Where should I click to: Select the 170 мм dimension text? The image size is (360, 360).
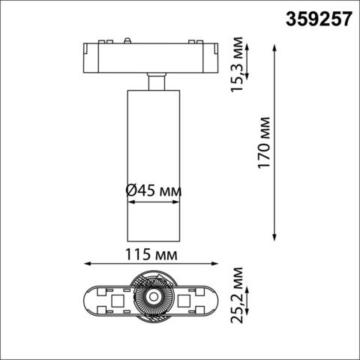point(263,142)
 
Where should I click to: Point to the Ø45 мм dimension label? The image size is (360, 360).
point(153,191)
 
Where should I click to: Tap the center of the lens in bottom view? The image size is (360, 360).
point(152,301)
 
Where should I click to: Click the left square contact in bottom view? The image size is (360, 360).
point(116,302)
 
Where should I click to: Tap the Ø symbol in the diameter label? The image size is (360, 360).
point(130,191)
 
